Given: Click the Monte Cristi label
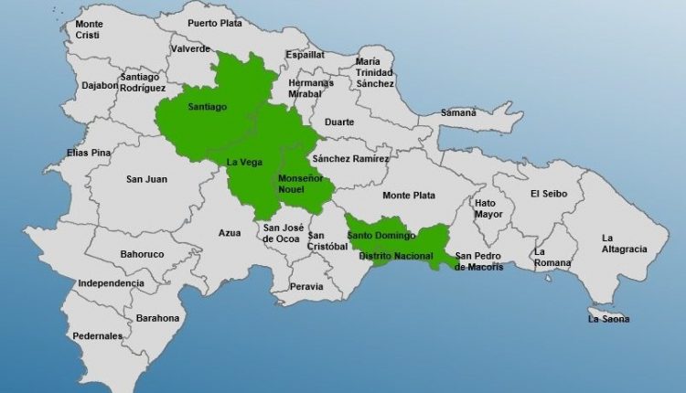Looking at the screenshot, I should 90,29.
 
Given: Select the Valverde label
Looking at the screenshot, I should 190,49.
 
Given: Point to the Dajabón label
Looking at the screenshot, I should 100,85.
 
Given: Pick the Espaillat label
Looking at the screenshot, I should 305,55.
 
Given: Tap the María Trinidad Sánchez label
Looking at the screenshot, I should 375,73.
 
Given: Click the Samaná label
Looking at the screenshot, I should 458,112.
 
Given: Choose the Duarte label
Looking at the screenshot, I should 338,122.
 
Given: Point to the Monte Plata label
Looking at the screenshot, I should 409,196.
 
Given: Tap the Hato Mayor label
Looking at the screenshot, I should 488,208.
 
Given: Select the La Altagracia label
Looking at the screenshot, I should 624,243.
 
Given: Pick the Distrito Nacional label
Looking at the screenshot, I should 396,256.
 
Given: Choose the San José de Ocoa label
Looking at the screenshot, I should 283,233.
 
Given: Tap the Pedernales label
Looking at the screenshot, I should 99,336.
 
